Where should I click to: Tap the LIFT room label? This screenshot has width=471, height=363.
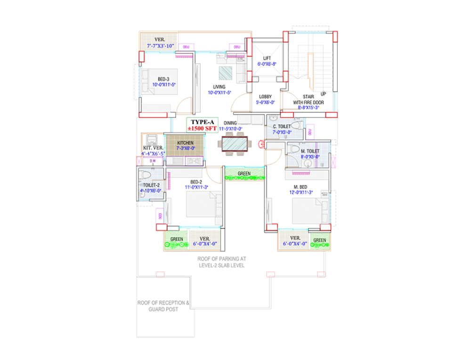(x=267, y=58)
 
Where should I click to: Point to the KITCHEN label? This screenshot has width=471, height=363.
(x=185, y=143)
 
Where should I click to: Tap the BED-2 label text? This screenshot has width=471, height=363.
(x=196, y=182)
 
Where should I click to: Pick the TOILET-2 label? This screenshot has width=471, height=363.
(x=151, y=185)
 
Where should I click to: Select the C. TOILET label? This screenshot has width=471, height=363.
(x=282, y=127)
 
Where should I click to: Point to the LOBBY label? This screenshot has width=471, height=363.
(x=265, y=97)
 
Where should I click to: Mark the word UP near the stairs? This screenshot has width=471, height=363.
(x=323, y=94)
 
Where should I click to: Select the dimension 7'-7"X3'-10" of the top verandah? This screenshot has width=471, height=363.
(x=161, y=46)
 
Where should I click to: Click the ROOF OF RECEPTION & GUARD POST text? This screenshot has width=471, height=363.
(x=163, y=306)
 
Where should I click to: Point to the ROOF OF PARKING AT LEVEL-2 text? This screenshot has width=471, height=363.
(x=221, y=262)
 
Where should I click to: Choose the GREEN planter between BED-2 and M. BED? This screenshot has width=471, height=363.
(x=244, y=174)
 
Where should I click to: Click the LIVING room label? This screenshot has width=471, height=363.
(x=219, y=87)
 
